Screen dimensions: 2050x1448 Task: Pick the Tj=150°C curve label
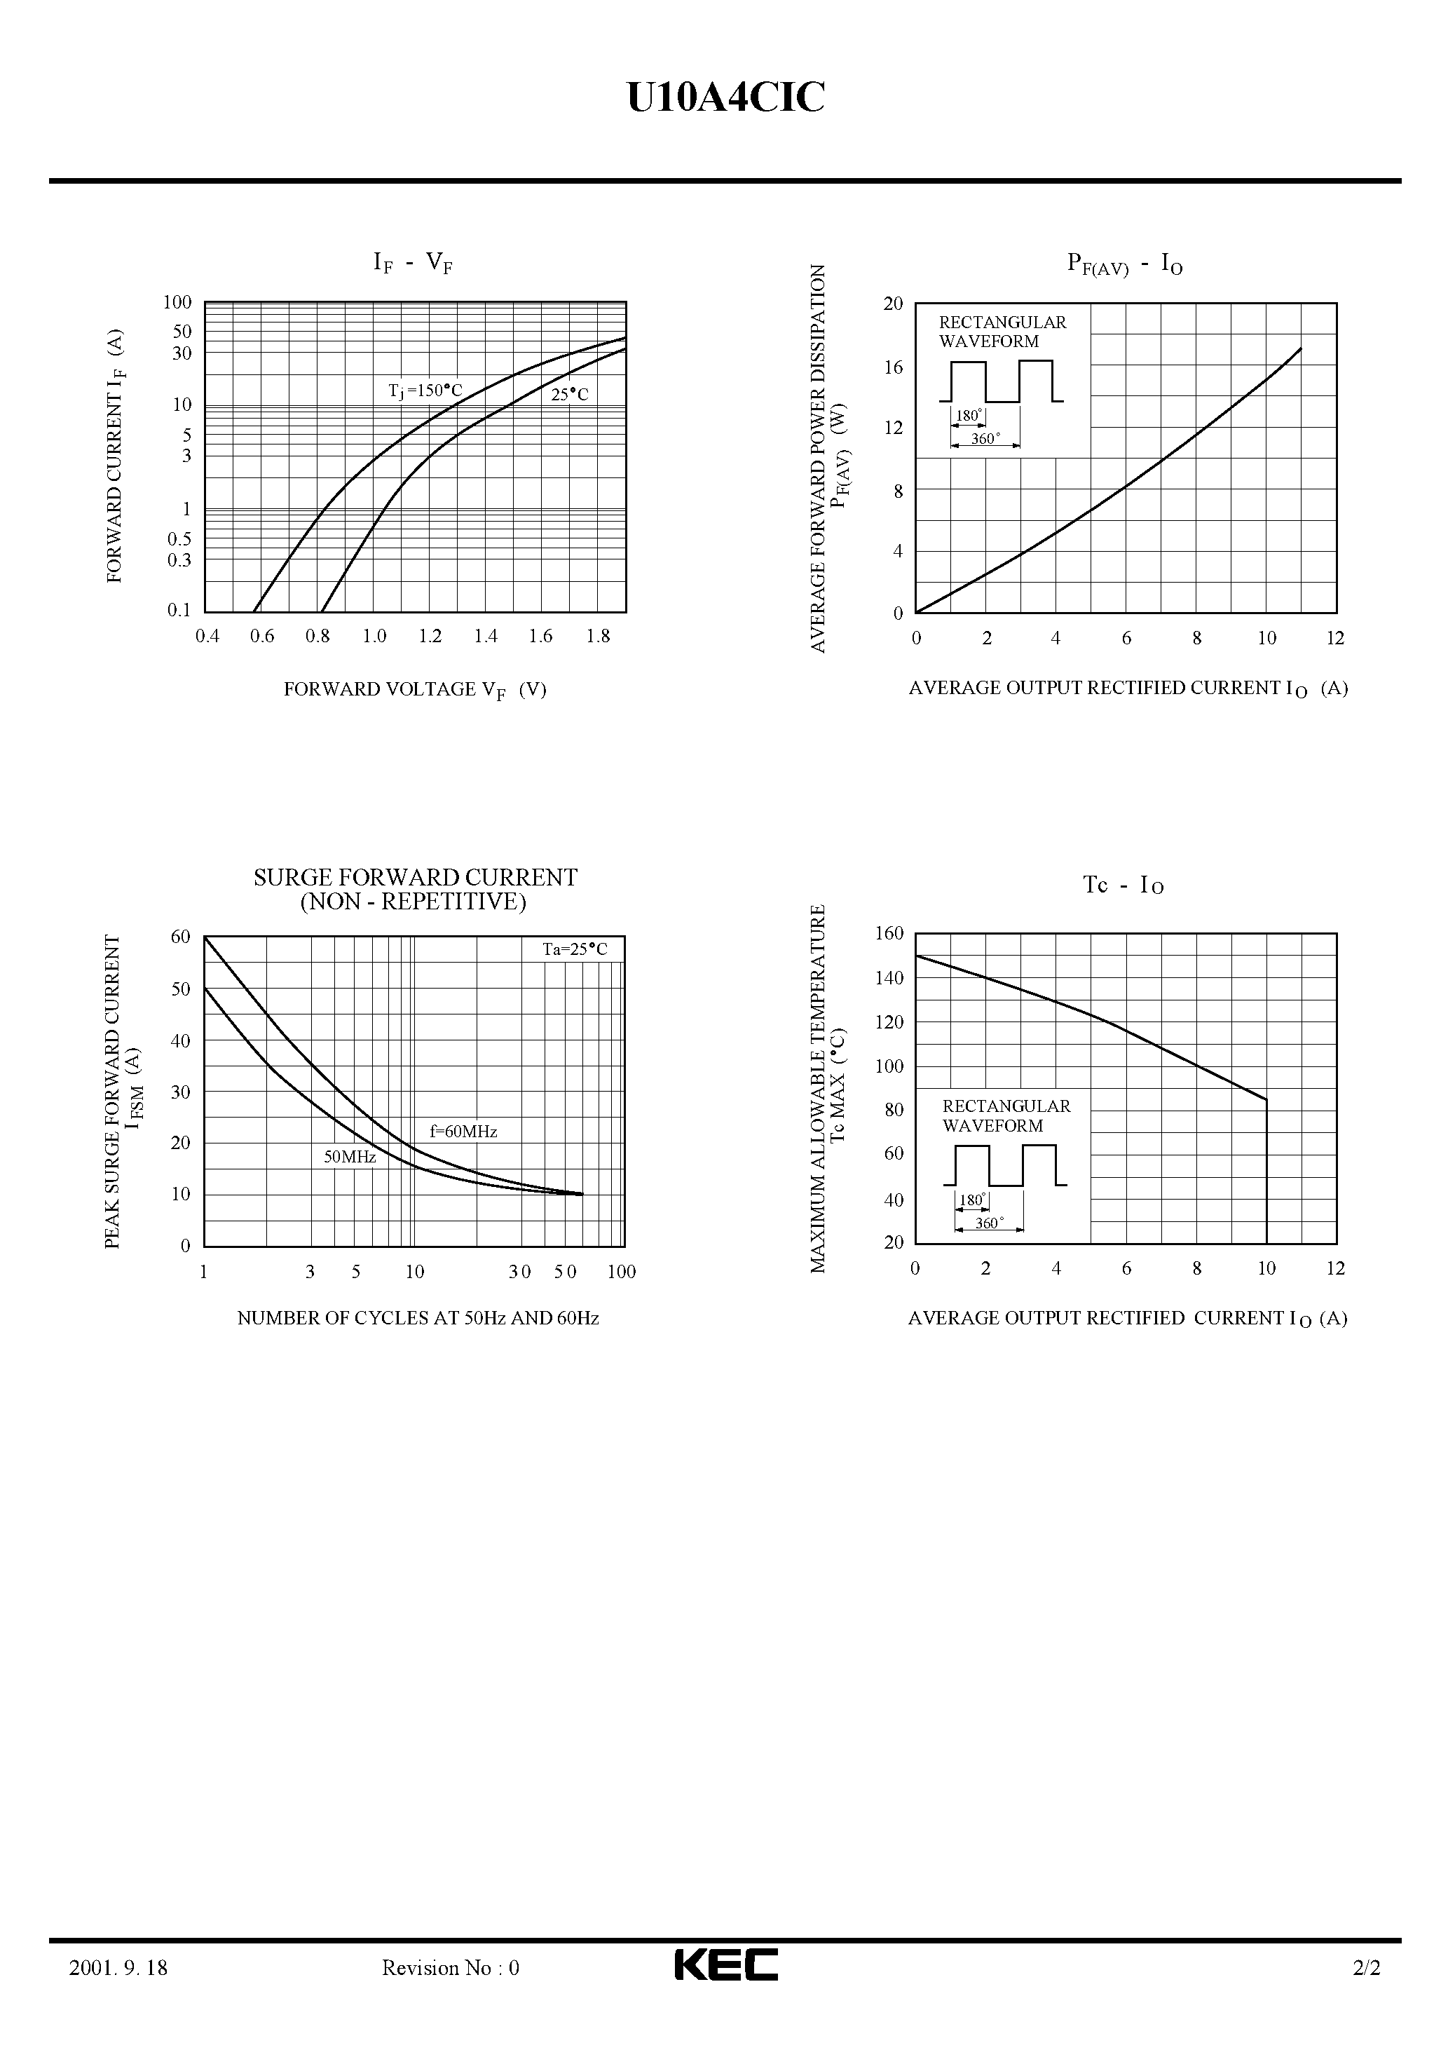pyautogui.click(x=425, y=391)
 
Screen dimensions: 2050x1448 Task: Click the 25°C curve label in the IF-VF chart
pyautogui.click(x=570, y=395)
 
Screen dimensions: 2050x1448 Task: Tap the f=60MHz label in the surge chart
pyautogui.click(x=463, y=1132)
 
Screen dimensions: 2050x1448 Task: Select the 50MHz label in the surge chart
pyautogui.click(x=349, y=1157)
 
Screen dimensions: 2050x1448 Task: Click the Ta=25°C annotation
pyautogui.click(x=575, y=949)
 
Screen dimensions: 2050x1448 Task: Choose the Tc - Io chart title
pyautogui.click(x=1123, y=885)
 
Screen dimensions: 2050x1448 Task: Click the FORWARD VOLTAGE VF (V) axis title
pyautogui.click(x=415, y=689)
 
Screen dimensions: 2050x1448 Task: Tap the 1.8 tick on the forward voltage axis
pyautogui.click(x=598, y=637)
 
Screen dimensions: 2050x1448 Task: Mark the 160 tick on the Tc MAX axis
pyautogui.click(x=889, y=934)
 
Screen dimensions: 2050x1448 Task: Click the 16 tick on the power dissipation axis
pyautogui.click(x=893, y=367)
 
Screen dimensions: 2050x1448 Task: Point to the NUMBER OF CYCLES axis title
pyautogui.click(x=418, y=1318)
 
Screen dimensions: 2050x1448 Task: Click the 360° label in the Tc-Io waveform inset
pyautogui.click(x=988, y=1223)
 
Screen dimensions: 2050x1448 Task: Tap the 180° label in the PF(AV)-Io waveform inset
pyautogui.click(x=969, y=415)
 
